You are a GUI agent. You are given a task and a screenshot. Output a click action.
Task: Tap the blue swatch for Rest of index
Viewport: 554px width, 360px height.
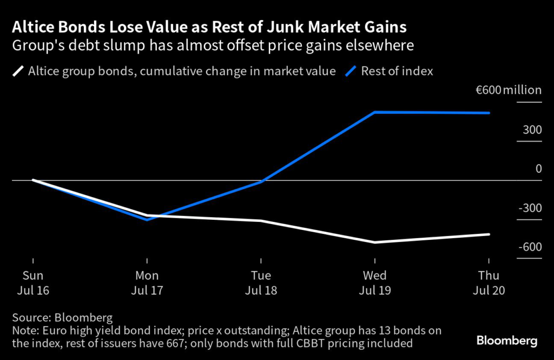point(351,70)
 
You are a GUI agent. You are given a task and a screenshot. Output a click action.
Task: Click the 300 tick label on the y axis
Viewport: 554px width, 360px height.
point(532,130)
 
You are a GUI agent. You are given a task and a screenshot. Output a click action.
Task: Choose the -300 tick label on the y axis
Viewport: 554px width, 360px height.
point(530,208)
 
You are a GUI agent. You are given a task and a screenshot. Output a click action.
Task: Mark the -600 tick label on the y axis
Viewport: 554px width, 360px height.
point(530,247)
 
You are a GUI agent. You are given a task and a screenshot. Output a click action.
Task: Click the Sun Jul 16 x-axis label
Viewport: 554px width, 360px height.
point(33,283)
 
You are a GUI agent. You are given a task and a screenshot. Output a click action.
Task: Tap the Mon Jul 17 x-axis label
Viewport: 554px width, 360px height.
point(147,283)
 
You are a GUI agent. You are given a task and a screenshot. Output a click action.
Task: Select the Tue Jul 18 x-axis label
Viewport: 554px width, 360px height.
point(261,283)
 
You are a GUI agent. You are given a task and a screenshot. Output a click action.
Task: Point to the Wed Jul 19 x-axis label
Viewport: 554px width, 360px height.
point(375,283)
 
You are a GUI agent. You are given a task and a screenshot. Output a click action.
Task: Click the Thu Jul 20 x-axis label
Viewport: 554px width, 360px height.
point(489,283)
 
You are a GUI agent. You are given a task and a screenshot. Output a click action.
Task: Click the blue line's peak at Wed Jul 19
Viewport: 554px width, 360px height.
point(375,112)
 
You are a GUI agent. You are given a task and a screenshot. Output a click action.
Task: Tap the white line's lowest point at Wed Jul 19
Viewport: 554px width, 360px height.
point(375,242)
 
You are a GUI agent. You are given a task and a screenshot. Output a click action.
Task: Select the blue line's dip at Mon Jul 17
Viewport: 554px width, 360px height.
point(147,219)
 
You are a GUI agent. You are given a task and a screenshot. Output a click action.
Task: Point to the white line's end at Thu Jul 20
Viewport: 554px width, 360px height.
point(489,234)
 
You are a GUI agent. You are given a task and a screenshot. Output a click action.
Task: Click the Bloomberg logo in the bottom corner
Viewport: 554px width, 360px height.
point(506,341)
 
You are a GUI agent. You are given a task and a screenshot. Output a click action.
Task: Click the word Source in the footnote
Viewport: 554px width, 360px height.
point(28,317)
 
